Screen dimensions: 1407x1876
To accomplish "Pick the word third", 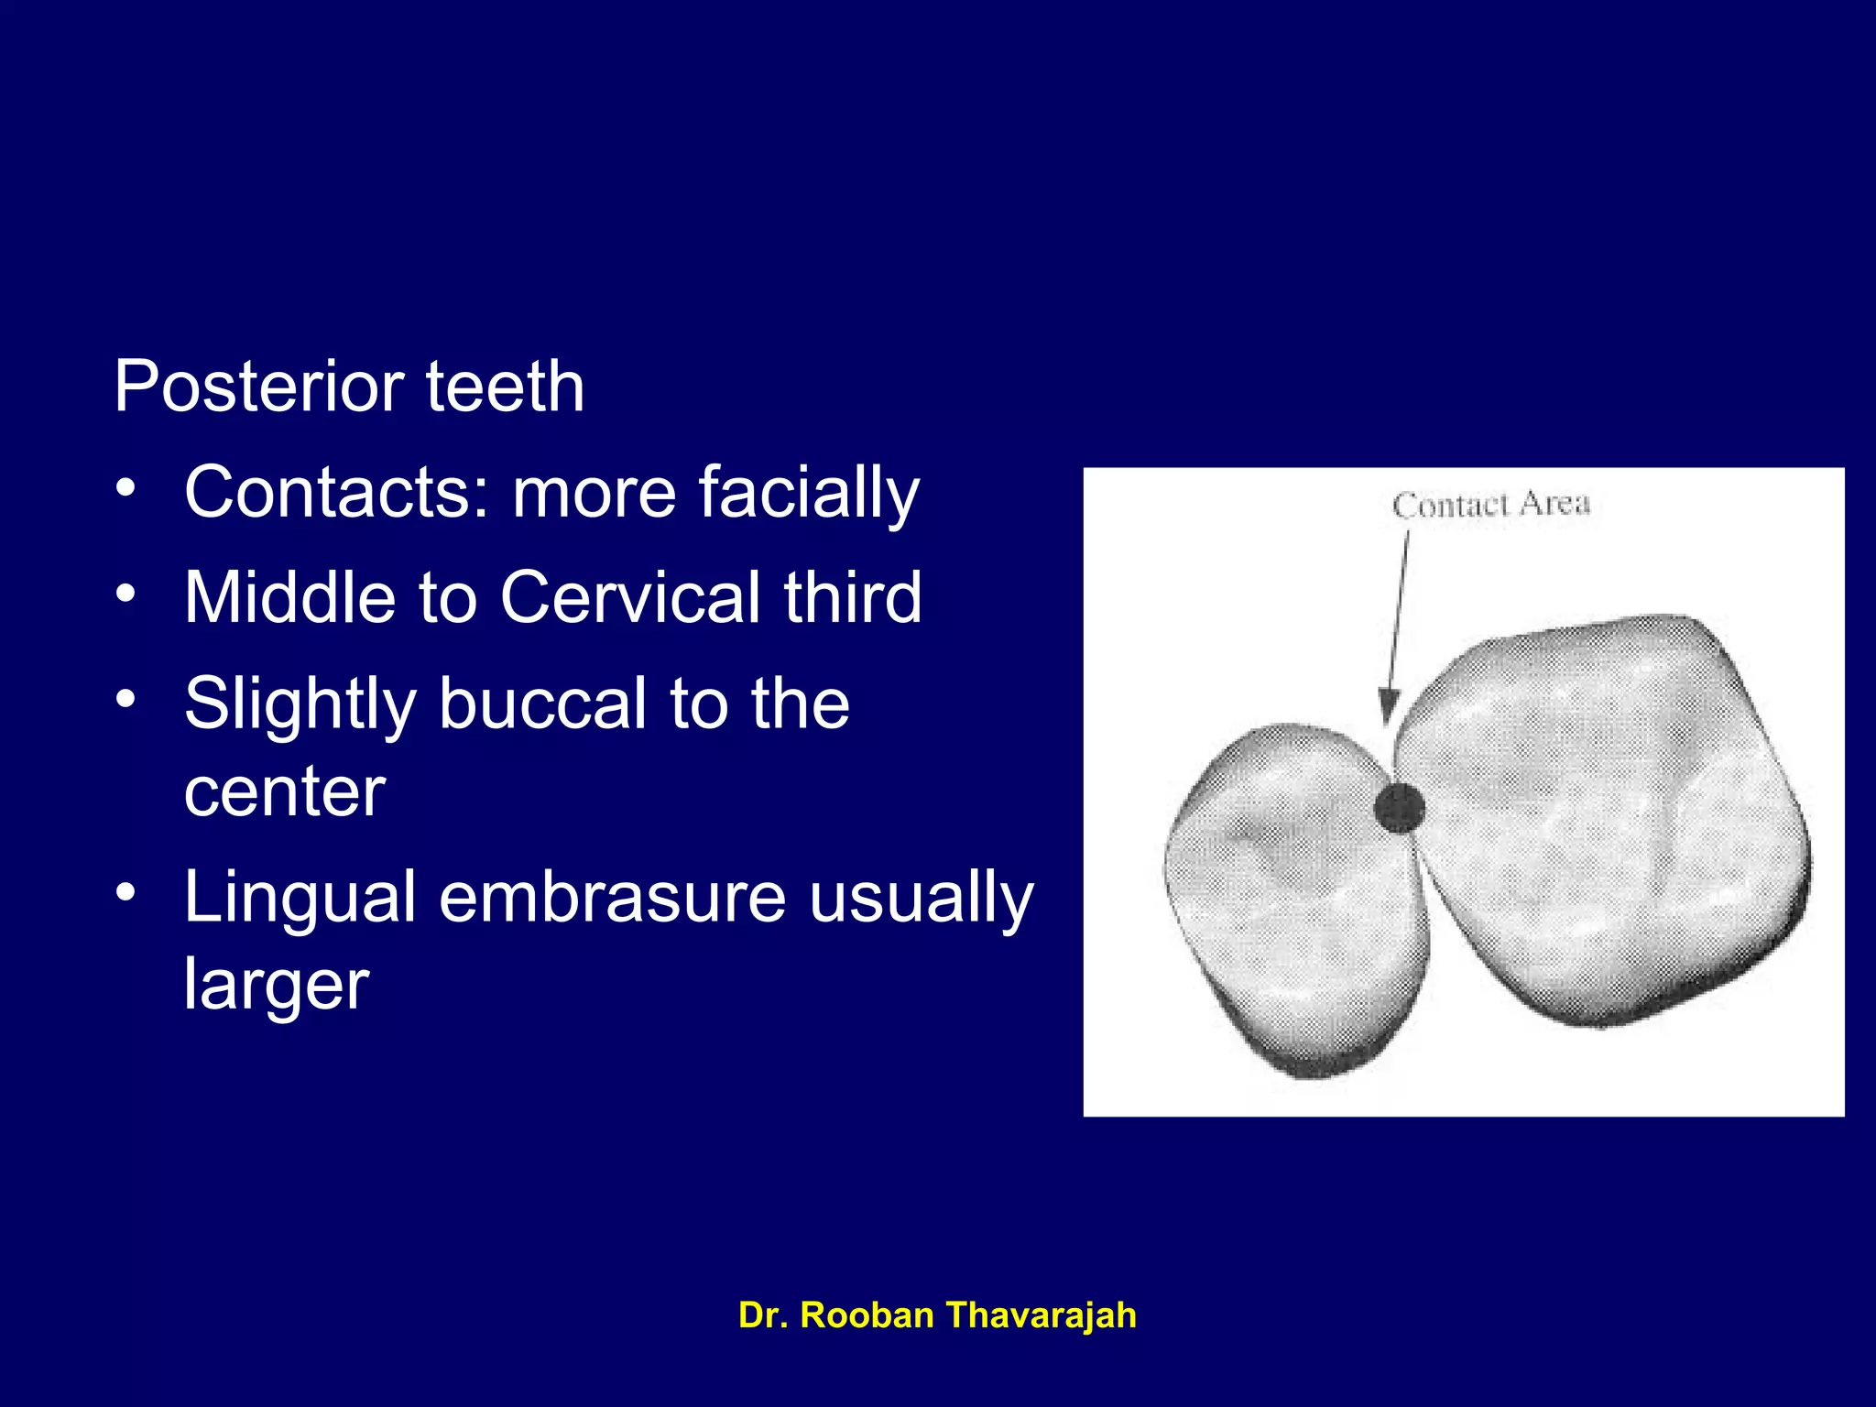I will pyautogui.click(x=853, y=598).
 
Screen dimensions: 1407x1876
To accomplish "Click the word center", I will pyautogui.click(x=285, y=791).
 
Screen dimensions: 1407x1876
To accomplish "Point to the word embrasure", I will pyautogui.click(x=612, y=897).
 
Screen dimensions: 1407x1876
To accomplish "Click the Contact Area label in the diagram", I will pyautogui.click(x=1490, y=505).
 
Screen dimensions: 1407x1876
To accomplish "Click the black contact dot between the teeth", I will pyautogui.click(x=1399, y=807).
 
